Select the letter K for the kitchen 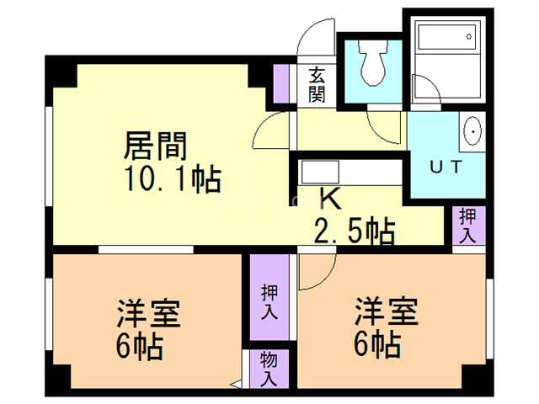tap(329, 199)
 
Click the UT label tap(446, 166)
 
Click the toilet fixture tap(371, 64)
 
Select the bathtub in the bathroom tap(446, 42)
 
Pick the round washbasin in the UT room tap(472, 132)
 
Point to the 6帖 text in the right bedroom tap(376, 343)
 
